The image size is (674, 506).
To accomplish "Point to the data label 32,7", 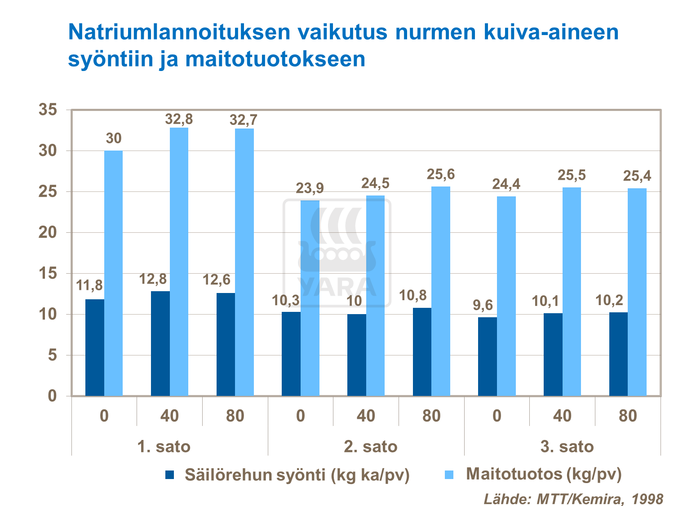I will coord(244,120).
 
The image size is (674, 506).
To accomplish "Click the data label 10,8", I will coord(413,296).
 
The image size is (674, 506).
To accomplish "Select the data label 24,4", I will coord(506,184).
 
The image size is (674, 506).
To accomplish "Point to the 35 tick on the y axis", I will coord(48,109).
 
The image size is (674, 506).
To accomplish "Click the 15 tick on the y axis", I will coord(48,273).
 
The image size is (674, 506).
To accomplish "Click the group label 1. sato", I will coord(164,447).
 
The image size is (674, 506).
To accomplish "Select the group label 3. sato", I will coord(567,447).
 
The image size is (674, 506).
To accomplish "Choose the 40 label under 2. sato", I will coord(366,416).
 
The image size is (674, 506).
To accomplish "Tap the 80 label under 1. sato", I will coord(235,416).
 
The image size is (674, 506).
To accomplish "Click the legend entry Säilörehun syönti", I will coord(297,475).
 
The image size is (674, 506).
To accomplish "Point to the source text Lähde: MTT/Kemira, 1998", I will coord(573,498).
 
